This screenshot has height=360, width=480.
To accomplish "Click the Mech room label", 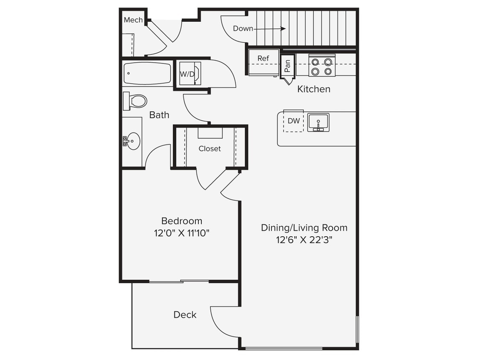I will pos(133,20).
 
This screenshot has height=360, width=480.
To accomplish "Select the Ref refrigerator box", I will pos(263,62).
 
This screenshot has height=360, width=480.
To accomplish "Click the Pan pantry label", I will pos(288,66).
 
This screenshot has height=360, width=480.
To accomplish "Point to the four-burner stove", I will pos(322,66).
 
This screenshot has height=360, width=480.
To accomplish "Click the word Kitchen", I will pos(314,89).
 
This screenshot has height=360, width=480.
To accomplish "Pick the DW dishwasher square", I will pos(294,121).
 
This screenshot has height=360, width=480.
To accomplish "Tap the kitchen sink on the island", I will pos(318,122).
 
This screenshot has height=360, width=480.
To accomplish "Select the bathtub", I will pos(147,73).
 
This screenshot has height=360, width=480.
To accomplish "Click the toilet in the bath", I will pos(136,101).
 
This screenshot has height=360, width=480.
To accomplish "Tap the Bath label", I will pos(159,115).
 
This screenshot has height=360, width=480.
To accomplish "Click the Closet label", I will pos(209,149).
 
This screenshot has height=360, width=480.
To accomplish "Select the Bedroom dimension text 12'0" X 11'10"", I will pos(182,233).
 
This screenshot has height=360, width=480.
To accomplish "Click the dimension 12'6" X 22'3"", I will pos(304,240).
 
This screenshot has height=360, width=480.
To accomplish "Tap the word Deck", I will pos(185,315).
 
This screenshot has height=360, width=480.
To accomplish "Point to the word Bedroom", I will pos(182,221).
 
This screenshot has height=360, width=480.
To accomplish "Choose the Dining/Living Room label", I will pos(304,228).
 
